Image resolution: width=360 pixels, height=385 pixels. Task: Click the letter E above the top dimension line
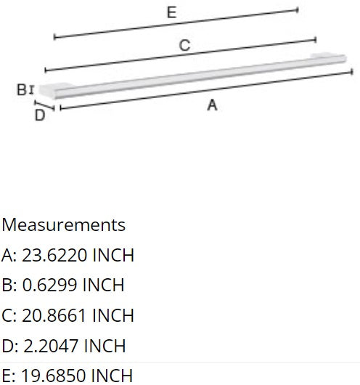tap(171, 12)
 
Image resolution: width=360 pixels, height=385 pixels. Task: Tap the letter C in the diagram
tap(184, 46)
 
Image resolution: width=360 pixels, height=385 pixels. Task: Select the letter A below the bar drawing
tap(212, 105)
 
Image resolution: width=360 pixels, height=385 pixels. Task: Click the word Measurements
tap(63, 224)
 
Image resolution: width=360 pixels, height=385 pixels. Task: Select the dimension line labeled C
tap(181, 55)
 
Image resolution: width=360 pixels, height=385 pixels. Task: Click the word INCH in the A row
tap(109, 255)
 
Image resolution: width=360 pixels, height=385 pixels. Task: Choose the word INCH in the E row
tap(108, 376)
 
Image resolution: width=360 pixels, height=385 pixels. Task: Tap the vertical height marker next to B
tap(31, 89)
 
